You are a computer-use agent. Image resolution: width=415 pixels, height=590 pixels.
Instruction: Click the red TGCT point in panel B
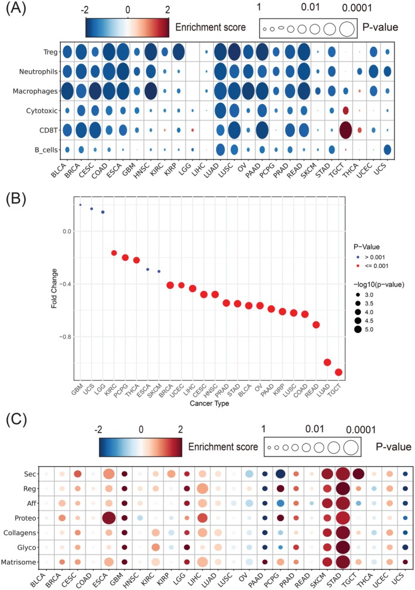338,372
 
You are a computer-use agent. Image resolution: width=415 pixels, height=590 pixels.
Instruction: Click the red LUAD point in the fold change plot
327,362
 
